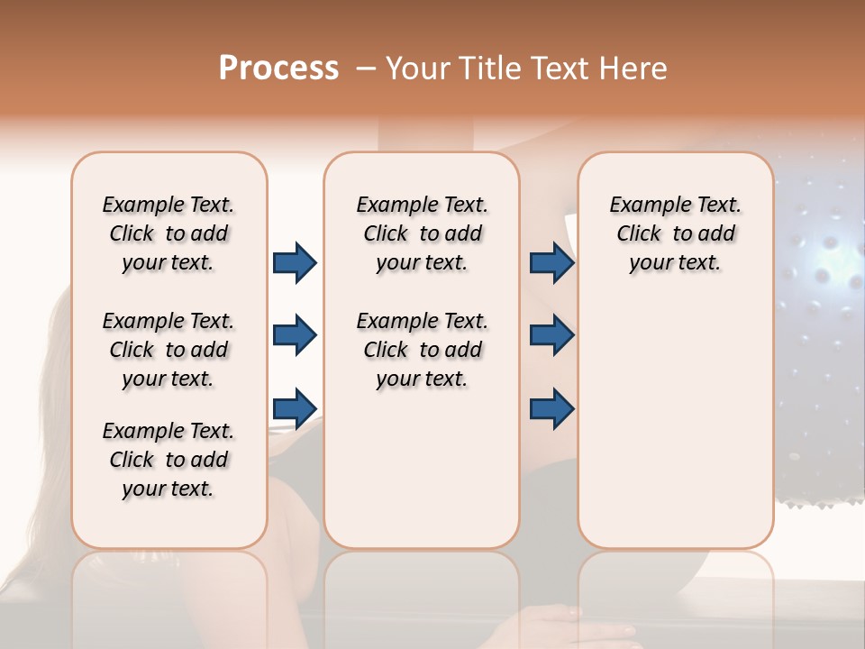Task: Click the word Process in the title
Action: pos(278,69)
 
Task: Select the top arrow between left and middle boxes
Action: pos(295,263)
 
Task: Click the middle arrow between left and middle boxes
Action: pos(295,335)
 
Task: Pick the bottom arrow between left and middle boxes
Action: pos(295,408)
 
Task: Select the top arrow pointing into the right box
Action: pos(551,263)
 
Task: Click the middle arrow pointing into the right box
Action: pos(551,335)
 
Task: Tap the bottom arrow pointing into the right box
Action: pos(551,408)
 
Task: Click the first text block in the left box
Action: pos(168,233)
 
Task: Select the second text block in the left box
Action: pos(168,350)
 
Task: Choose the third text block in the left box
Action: pos(168,460)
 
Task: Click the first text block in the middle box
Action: pos(422,233)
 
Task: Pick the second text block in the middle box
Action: pos(422,350)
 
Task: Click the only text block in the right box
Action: pos(675,233)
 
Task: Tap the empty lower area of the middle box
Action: pos(422,469)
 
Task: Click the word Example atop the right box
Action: pos(642,205)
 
